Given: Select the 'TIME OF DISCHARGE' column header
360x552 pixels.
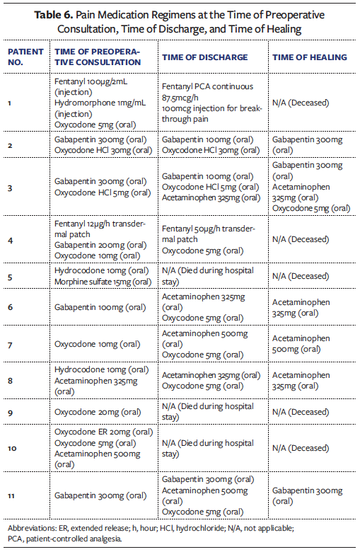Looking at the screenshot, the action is [x=204, y=57].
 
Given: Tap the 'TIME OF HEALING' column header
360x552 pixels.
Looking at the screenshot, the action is [x=309, y=57].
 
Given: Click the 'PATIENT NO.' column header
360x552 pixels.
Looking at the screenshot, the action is [x=25, y=57].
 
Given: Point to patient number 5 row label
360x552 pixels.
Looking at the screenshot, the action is [x=10, y=276].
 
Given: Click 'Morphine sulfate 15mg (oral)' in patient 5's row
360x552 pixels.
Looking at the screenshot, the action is [x=103, y=282].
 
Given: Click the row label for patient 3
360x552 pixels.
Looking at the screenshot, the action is [x=10, y=188].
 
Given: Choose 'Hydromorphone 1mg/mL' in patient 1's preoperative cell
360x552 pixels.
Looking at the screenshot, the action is [x=100, y=103].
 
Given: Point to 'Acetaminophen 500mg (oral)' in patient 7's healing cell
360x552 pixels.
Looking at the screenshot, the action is [x=301, y=344].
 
